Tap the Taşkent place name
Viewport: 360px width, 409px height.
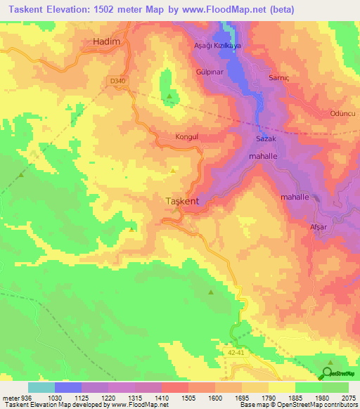click(181, 201)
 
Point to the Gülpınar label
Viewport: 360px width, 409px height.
click(210, 72)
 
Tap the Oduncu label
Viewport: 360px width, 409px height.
click(342, 113)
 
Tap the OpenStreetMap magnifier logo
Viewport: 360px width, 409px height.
click(328, 372)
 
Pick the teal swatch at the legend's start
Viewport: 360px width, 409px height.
click(41, 387)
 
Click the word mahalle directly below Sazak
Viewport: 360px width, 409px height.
click(264, 156)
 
